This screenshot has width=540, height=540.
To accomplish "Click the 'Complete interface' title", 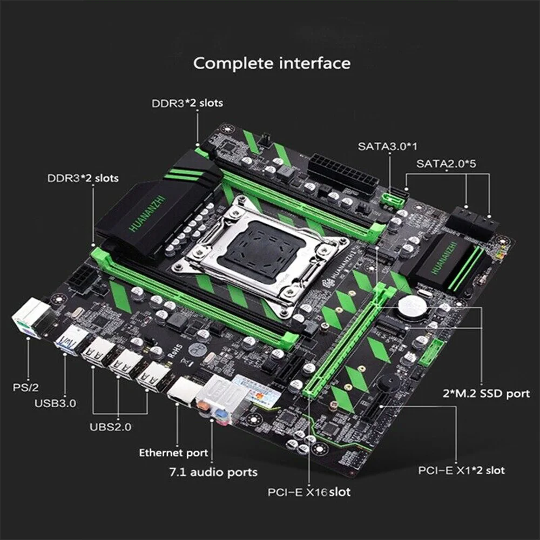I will pos(272,63).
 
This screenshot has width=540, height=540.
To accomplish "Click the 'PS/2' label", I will pos(25,387).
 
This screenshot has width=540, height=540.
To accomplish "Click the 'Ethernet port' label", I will pos(173,453).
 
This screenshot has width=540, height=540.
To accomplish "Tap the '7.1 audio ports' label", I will pos(213,472).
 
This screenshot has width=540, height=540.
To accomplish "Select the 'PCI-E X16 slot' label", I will pos(309,492).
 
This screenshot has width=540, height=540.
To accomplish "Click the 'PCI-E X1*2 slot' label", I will pos(462,470).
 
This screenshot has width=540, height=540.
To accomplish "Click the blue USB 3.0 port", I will pos(71,340).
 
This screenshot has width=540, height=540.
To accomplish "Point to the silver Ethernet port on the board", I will pos(181,390).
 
